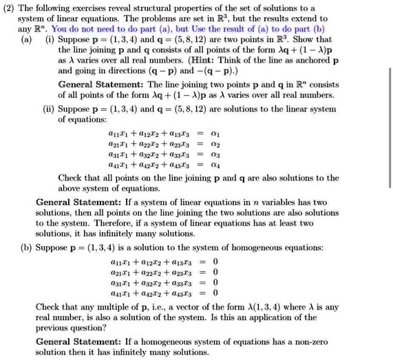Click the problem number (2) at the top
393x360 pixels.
coord(10,7)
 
